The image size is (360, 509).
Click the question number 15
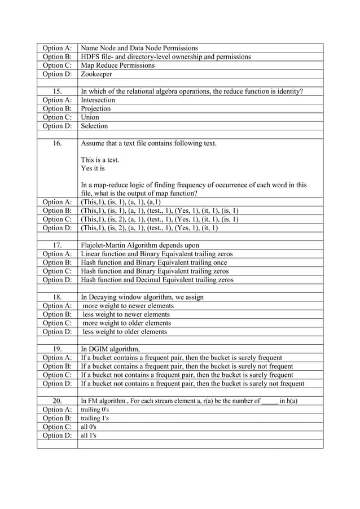pos(57,91)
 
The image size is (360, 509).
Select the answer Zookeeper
pos(96,74)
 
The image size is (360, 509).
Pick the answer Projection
pos(96,109)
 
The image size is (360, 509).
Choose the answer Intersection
pos(98,100)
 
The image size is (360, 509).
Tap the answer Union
pos(90,117)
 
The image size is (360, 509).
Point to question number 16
pos(57,143)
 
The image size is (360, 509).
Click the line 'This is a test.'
pos(100,160)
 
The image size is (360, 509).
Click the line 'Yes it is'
pos(93,168)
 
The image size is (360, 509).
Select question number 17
pos(57,245)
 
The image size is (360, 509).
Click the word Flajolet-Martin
pos(104,245)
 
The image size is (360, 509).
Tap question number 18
pos(57,297)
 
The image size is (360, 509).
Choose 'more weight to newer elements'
pos(128,306)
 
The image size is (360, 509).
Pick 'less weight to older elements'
pos(125,332)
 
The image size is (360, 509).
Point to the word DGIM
pos(100,349)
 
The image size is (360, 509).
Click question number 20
pos(57,401)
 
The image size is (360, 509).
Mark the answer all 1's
pos(90,436)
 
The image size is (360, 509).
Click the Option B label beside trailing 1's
pos(57,418)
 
